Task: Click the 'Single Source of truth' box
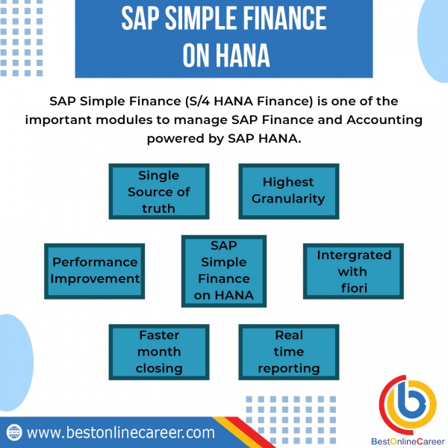(x=159, y=191)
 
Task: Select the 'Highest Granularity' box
(x=288, y=191)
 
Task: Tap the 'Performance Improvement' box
(x=94, y=271)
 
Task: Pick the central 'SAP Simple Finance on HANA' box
(x=224, y=271)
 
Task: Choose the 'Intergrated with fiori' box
(x=353, y=271)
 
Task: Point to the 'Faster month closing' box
(x=159, y=352)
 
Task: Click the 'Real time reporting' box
(x=288, y=352)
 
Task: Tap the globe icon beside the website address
(x=14, y=432)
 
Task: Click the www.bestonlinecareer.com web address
(x=120, y=432)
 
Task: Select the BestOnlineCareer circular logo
(x=408, y=404)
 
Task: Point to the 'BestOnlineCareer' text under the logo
(x=408, y=441)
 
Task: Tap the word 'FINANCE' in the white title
(x=285, y=18)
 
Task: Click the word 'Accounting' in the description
(x=385, y=120)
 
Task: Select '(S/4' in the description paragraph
(x=197, y=102)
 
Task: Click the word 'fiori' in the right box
(x=354, y=288)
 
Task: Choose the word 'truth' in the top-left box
(x=158, y=208)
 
